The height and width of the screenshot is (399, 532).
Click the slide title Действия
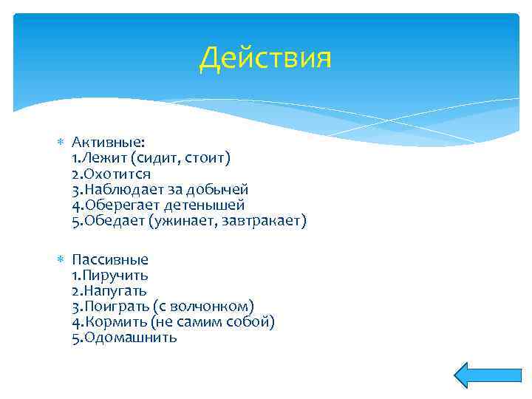(x=265, y=58)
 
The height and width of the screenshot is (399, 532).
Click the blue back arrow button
(x=477, y=375)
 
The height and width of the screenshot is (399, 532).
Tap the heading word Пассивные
(x=110, y=259)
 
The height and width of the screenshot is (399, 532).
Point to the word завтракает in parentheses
(x=266, y=220)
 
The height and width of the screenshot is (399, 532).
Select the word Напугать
(x=115, y=290)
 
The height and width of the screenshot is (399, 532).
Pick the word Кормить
(x=117, y=321)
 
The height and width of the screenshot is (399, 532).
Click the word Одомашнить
(x=130, y=337)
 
